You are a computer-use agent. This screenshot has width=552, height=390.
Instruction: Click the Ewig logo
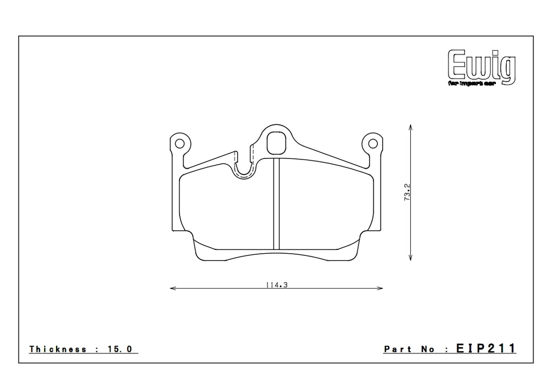coord(481,66)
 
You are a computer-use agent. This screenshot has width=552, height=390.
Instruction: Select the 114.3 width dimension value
coord(276,285)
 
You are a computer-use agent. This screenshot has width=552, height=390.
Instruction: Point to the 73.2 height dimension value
coord(408,193)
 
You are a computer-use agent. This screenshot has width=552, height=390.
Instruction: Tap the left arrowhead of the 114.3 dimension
coord(172,289)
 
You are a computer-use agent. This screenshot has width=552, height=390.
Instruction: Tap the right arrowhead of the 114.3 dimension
coord(380,289)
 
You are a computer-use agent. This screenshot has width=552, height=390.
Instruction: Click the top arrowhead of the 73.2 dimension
coord(411,128)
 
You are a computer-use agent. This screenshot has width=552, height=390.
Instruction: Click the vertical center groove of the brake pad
coord(276,205)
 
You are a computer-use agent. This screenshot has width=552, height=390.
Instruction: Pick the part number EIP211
coord(486,349)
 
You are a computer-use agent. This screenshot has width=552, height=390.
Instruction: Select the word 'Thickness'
coord(58,349)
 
